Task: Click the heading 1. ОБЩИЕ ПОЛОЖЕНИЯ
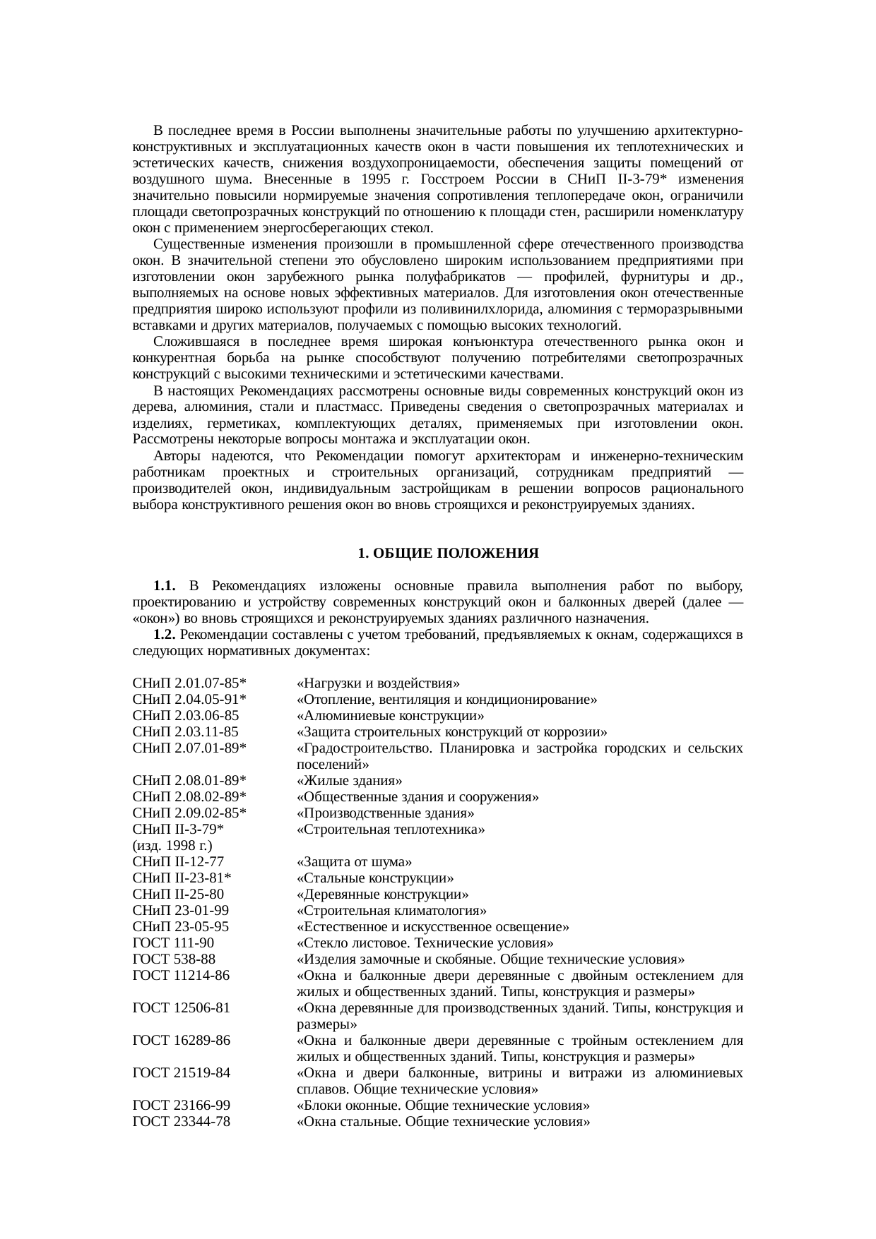(x=448, y=553)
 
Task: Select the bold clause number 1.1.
(x=164, y=586)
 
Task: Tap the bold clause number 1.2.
(x=164, y=635)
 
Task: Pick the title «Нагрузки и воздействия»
(x=378, y=683)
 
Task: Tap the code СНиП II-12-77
(x=178, y=862)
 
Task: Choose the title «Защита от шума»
(x=354, y=862)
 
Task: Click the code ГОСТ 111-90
(x=173, y=943)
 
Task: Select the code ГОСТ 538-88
(x=174, y=959)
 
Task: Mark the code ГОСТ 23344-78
(x=181, y=1121)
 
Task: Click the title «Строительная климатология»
(x=391, y=911)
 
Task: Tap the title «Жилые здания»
(x=349, y=781)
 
